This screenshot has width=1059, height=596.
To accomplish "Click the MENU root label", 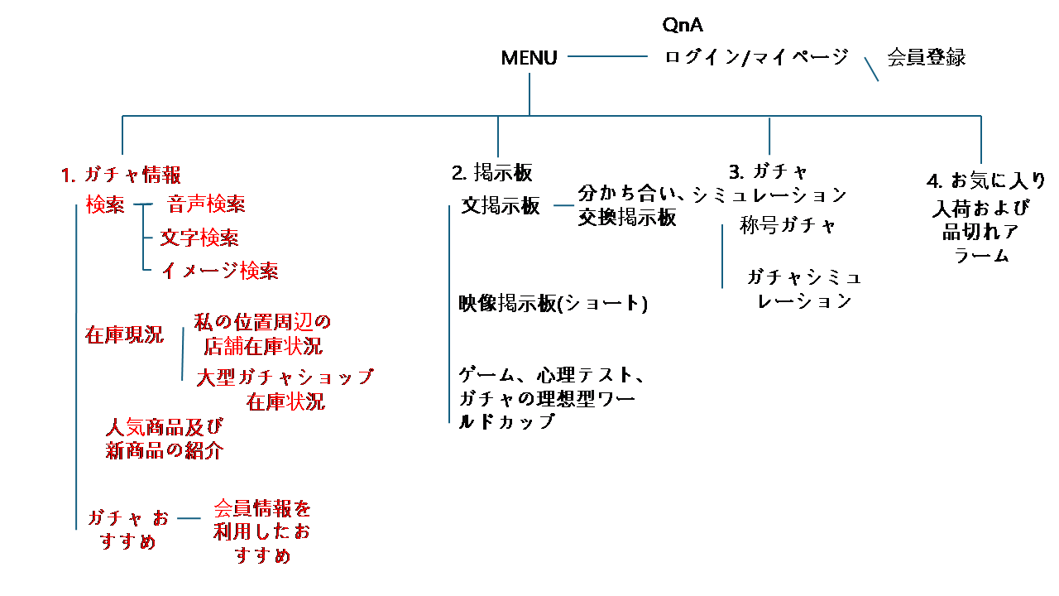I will coord(529,58).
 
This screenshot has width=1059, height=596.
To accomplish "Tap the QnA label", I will coord(683,25).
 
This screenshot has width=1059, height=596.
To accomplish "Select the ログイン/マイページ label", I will coord(757,57).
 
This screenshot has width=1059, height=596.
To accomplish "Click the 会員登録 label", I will coord(927,57).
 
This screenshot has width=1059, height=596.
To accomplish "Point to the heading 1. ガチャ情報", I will coord(121,175).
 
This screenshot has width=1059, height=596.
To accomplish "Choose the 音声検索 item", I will coord(206,204).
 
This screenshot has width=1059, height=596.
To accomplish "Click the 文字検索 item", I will coord(199,238).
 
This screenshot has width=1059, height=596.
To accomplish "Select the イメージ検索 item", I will coord(219,271).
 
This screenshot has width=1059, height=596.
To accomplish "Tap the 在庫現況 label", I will coord(124,335).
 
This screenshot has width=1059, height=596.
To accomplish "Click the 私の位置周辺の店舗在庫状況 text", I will coord(262,334).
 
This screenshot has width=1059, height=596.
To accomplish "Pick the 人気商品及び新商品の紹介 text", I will coord(165,439).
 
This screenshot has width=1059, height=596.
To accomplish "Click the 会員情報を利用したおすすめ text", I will coord(262,531).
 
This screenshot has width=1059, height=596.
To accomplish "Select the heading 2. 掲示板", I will coord(491,173).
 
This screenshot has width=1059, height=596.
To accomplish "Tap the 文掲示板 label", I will coord(501,206).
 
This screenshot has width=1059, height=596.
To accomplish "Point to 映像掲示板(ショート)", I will coord(553,304).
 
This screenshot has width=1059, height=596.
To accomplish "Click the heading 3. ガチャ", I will coord(768,172).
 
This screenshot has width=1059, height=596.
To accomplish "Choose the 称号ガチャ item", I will coord(788,226).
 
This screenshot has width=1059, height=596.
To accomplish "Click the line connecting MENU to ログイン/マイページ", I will coord(607,56).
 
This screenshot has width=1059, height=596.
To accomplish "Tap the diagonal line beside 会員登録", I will coord(871,69).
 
